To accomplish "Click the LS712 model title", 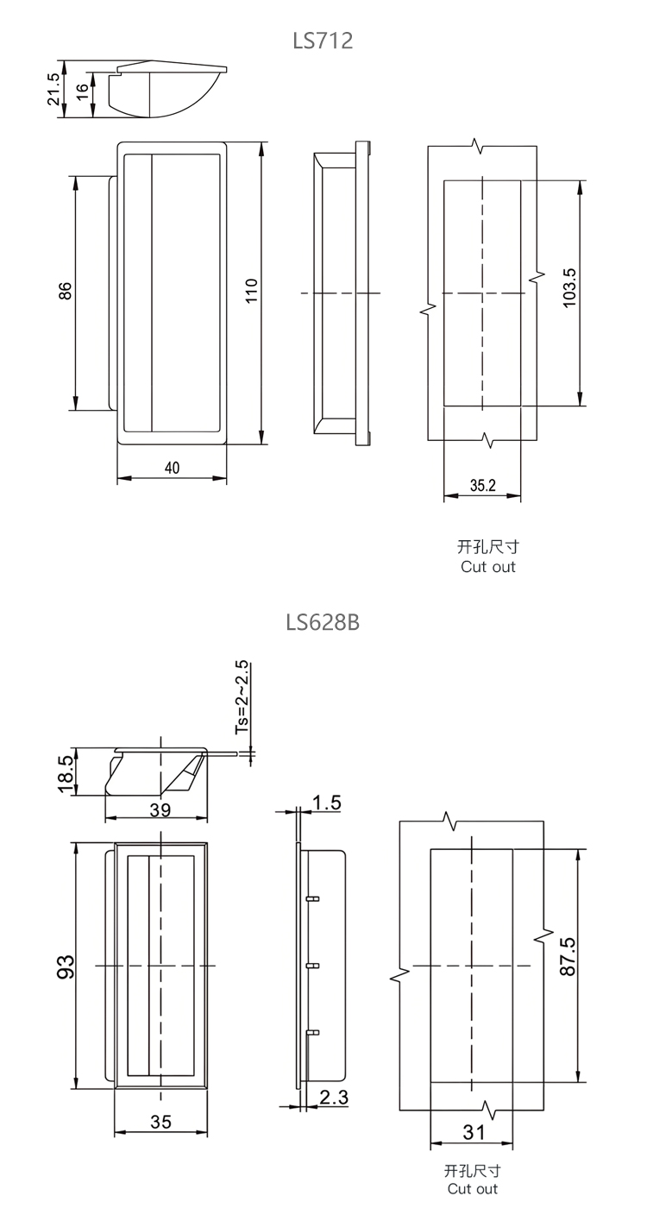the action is click(323, 41).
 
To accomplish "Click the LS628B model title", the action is click(323, 623).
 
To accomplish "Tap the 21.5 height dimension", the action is click(53, 89).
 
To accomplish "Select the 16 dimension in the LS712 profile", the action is click(82, 91).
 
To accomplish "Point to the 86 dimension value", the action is click(65, 291).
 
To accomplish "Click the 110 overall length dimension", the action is click(251, 291).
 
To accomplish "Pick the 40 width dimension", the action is click(172, 468).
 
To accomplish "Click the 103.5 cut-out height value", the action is click(569, 288).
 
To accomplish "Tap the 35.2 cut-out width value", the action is click(483, 486).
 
